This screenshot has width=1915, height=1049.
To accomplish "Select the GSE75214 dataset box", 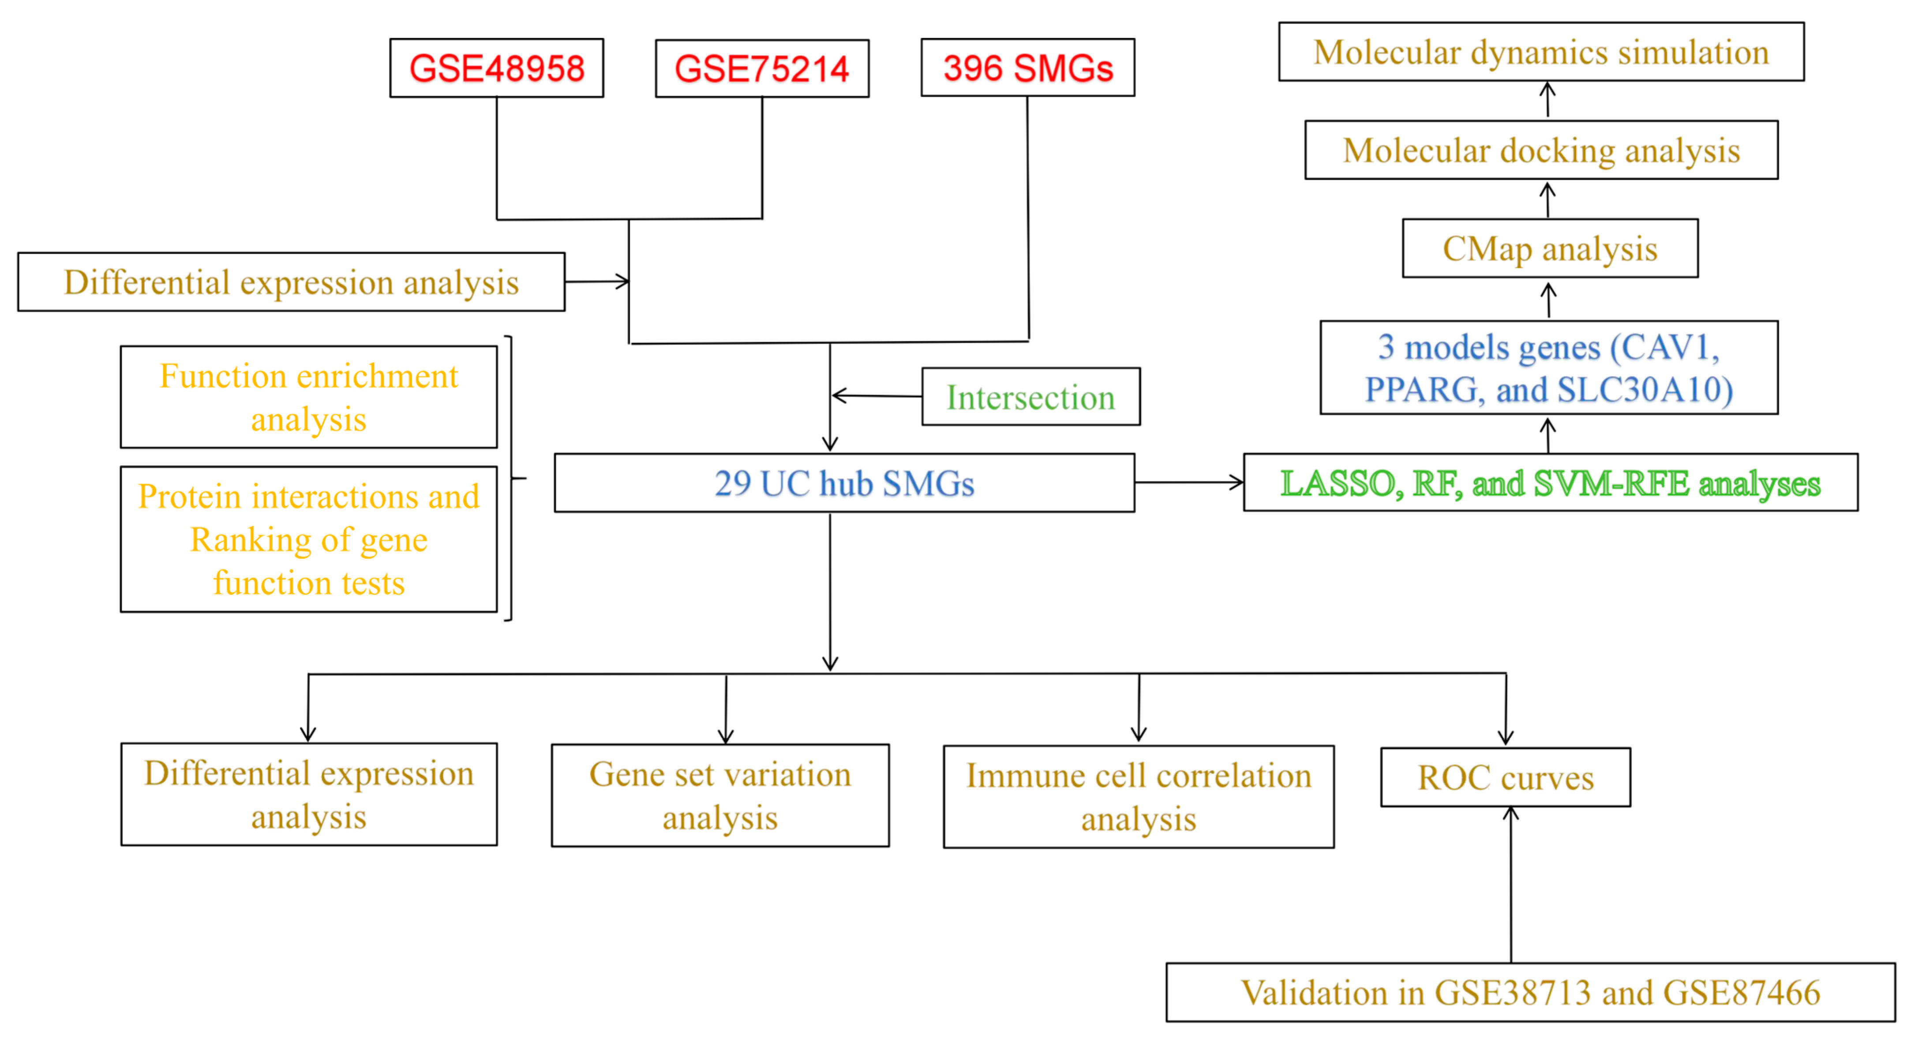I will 762,68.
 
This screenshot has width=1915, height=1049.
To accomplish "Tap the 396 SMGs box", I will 1027,67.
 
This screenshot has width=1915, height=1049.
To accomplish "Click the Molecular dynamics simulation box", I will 1540,52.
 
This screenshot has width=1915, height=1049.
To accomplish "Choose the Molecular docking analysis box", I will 1541,150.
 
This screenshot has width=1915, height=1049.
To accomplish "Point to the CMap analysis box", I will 1550,248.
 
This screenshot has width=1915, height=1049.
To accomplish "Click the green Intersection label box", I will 1031,397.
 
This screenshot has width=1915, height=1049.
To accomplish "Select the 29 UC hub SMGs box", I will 844,483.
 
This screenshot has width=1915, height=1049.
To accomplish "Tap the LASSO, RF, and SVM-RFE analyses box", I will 1550,483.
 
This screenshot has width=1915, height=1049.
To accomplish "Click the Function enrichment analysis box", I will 308,397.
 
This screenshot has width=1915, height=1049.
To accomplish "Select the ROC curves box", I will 1505,777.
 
